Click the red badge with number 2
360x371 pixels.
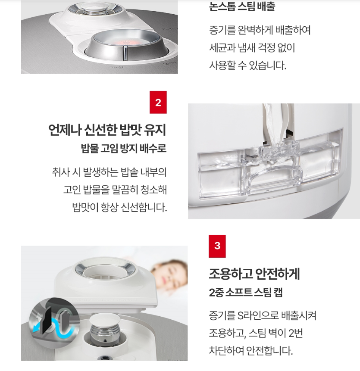158,102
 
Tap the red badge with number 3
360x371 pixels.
217,246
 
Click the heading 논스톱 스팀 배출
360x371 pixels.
242,6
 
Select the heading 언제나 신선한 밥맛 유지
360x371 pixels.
107,130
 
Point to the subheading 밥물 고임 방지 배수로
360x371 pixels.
124,148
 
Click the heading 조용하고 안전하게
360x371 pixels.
254,274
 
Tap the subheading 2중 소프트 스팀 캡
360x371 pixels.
246,293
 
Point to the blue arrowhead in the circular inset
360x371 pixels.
36,329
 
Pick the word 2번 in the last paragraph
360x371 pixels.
295,333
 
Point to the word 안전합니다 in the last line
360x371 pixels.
269,351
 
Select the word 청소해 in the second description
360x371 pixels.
153,190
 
